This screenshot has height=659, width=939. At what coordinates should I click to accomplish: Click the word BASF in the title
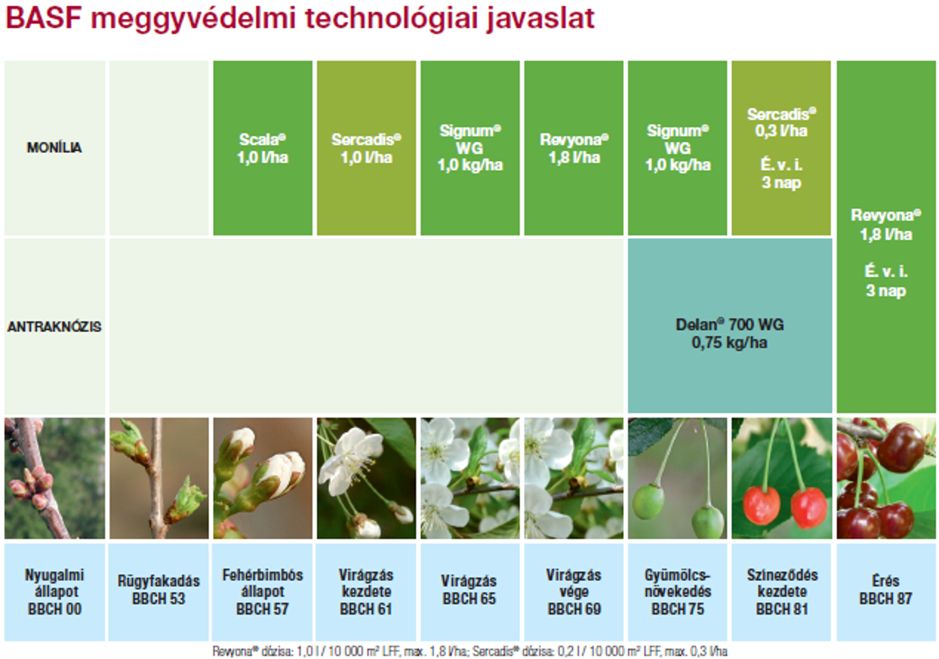pos(44,19)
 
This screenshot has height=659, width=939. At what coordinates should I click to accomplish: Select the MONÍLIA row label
pos(54,147)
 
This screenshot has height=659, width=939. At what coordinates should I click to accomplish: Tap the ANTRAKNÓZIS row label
pos(54,326)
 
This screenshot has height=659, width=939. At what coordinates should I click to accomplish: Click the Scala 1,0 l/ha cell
pos(262,148)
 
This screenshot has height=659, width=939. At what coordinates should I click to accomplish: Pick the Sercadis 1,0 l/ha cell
pos(366,148)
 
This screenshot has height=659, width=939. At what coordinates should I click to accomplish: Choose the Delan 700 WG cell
pos(730,326)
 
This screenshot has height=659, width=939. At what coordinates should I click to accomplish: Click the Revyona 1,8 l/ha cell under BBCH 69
pos(574,148)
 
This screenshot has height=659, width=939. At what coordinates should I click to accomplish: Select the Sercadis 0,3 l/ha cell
pos(781,148)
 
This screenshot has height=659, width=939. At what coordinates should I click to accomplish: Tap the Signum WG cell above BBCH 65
pos(470,148)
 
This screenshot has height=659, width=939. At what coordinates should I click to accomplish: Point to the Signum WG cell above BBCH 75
pos(677,148)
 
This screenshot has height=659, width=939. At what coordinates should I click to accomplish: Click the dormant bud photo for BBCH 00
pos(54,478)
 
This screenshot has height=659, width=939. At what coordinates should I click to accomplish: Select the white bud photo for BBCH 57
pos(262,478)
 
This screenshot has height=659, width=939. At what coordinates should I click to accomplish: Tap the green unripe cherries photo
pos(677,478)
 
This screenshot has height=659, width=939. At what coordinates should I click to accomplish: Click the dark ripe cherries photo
pos(886,478)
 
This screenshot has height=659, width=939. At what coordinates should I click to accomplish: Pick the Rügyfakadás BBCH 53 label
pos(159,590)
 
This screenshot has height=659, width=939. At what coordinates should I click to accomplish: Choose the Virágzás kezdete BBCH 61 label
pos(366,591)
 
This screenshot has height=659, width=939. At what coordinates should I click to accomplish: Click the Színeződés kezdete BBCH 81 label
pos(782,591)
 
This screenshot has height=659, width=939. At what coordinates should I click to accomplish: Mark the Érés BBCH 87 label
pos(886,590)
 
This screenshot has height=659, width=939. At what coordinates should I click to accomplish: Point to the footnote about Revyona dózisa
pos(470,651)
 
